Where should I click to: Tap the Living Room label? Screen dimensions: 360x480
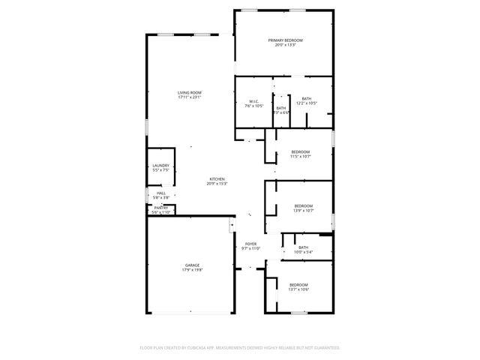(190, 92)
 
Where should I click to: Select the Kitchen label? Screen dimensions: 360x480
(217, 178)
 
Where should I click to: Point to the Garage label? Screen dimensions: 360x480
(193, 265)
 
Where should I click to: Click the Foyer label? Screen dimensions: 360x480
(251, 244)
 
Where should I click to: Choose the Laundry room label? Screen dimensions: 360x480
(161, 166)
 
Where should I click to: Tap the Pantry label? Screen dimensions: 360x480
(161, 208)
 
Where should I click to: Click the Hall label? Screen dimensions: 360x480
(161, 193)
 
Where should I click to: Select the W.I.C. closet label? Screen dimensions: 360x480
(253, 101)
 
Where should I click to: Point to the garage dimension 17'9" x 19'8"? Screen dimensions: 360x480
(193, 270)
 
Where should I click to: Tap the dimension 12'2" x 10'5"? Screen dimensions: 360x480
(307, 103)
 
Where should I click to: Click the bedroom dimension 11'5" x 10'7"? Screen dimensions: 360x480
(300, 157)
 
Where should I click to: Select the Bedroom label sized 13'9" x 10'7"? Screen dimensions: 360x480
(303, 206)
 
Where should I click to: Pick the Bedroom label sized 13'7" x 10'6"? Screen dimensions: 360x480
(298, 284)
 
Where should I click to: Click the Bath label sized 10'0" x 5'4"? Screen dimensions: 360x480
(303, 247)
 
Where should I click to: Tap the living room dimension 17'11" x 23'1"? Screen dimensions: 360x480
(190, 97)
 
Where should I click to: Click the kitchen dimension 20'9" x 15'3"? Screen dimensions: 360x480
(217, 184)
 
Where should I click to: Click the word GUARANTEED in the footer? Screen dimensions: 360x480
(324, 348)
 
